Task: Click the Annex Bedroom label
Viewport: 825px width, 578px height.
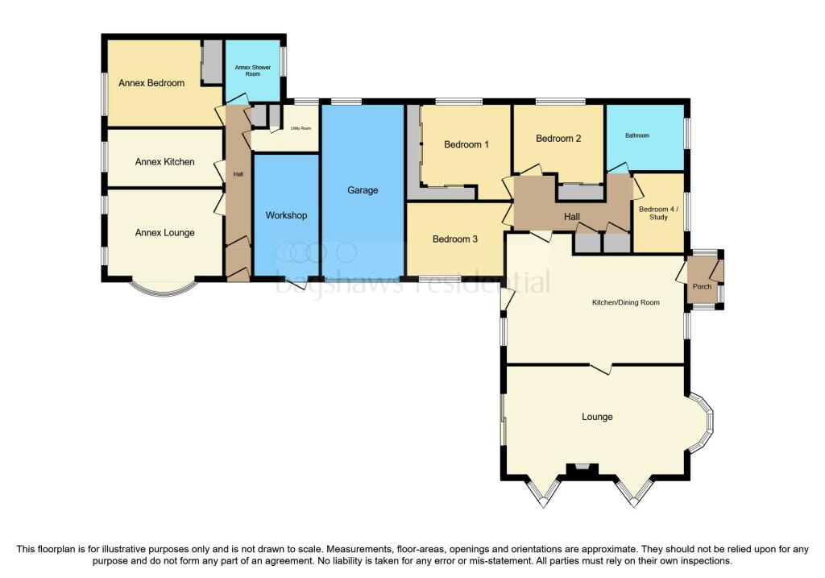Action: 151,83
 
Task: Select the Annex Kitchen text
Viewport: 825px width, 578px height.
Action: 164,162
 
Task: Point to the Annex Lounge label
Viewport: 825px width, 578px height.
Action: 164,233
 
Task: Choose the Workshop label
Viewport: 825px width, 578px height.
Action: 286,216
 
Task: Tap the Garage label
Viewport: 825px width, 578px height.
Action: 363,191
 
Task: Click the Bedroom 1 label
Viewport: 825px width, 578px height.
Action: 466,145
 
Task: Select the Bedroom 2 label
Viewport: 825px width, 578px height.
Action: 558,139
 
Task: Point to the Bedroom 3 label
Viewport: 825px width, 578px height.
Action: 455,239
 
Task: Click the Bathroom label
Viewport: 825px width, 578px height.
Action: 637,135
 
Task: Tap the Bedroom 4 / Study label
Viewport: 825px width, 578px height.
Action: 658,214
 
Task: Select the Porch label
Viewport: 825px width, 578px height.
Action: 702,286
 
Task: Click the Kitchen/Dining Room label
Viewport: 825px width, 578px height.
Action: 625,302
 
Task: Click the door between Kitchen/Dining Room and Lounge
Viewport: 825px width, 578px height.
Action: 600,368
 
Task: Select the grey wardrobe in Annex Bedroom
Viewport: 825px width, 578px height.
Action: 212,62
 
